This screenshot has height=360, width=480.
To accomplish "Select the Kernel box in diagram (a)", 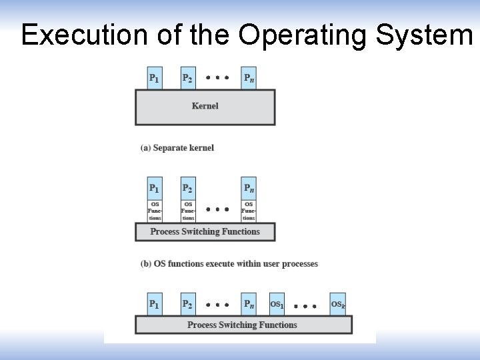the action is [x=205, y=107].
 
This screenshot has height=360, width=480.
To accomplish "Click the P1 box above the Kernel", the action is [x=155, y=78].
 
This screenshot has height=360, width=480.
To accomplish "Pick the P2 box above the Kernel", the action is [x=189, y=78].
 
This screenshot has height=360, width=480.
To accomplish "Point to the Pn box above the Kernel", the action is [x=249, y=78].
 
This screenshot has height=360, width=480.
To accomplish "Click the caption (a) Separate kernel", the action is [x=177, y=147].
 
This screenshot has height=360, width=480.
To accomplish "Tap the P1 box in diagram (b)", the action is [x=155, y=188].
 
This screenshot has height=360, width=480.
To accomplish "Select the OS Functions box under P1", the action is [x=155, y=211].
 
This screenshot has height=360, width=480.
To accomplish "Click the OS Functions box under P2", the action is [x=189, y=211].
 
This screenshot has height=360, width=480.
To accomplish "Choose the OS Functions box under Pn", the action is [x=249, y=211].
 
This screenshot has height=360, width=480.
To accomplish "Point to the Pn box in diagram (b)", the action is [x=249, y=188].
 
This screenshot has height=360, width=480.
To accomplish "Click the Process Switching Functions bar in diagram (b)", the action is [x=205, y=232].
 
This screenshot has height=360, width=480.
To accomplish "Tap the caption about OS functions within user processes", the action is [x=229, y=264].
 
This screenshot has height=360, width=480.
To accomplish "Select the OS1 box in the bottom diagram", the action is [x=277, y=304].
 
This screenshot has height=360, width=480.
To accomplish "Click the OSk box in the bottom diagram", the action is [x=338, y=304].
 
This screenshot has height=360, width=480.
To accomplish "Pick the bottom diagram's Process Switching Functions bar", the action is [x=243, y=325].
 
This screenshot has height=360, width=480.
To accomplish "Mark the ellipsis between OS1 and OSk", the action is [x=305, y=306].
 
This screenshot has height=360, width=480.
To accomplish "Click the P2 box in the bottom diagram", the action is [x=189, y=304].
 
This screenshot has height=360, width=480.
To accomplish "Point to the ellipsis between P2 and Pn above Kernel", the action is [x=217, y=77].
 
